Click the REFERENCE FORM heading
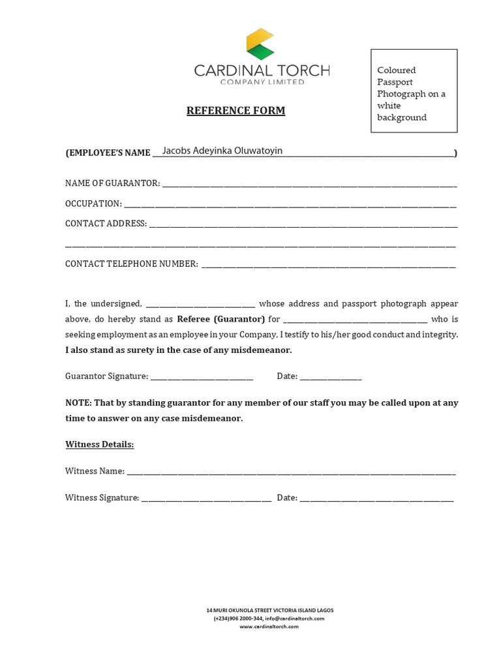click(x=235, y=111)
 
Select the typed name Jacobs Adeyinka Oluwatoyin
click(x=222, y=151)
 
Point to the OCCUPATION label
click(x=93, y=204)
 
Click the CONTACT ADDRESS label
click(x=106, y=223)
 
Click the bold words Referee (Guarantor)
click(x=221, y=319)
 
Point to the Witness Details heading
click(x=99, y=444)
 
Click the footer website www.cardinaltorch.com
click(x=269, y=626)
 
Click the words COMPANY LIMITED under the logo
click(x=262, y=82)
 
